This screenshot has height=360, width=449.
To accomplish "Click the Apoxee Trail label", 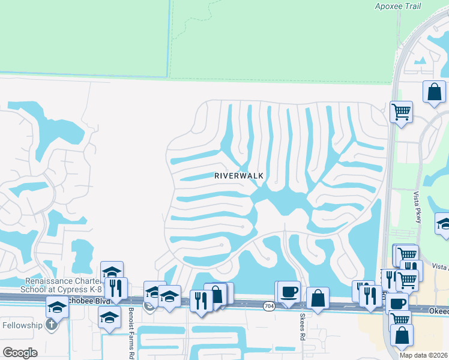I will (x=397, y=7).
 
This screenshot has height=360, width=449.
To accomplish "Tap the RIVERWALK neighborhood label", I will (x=240, y=176).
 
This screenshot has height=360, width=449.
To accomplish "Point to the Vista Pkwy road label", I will (x=418, y=208).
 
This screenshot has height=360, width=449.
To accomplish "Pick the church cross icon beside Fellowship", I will (x=52, y=325).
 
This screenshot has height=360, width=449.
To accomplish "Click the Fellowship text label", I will (x=22, y=325).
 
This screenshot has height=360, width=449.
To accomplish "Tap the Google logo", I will (x=20, y=353).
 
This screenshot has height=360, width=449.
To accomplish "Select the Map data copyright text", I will (x=424, y=355).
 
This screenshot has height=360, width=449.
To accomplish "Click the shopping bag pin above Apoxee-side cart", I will (x=434, y=92).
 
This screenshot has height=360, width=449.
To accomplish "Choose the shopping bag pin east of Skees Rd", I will (x=318, y=298).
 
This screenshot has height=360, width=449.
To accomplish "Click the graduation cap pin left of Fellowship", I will (x=57, y=308).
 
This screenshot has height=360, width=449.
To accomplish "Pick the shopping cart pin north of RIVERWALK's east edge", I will (x=401, y=112).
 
